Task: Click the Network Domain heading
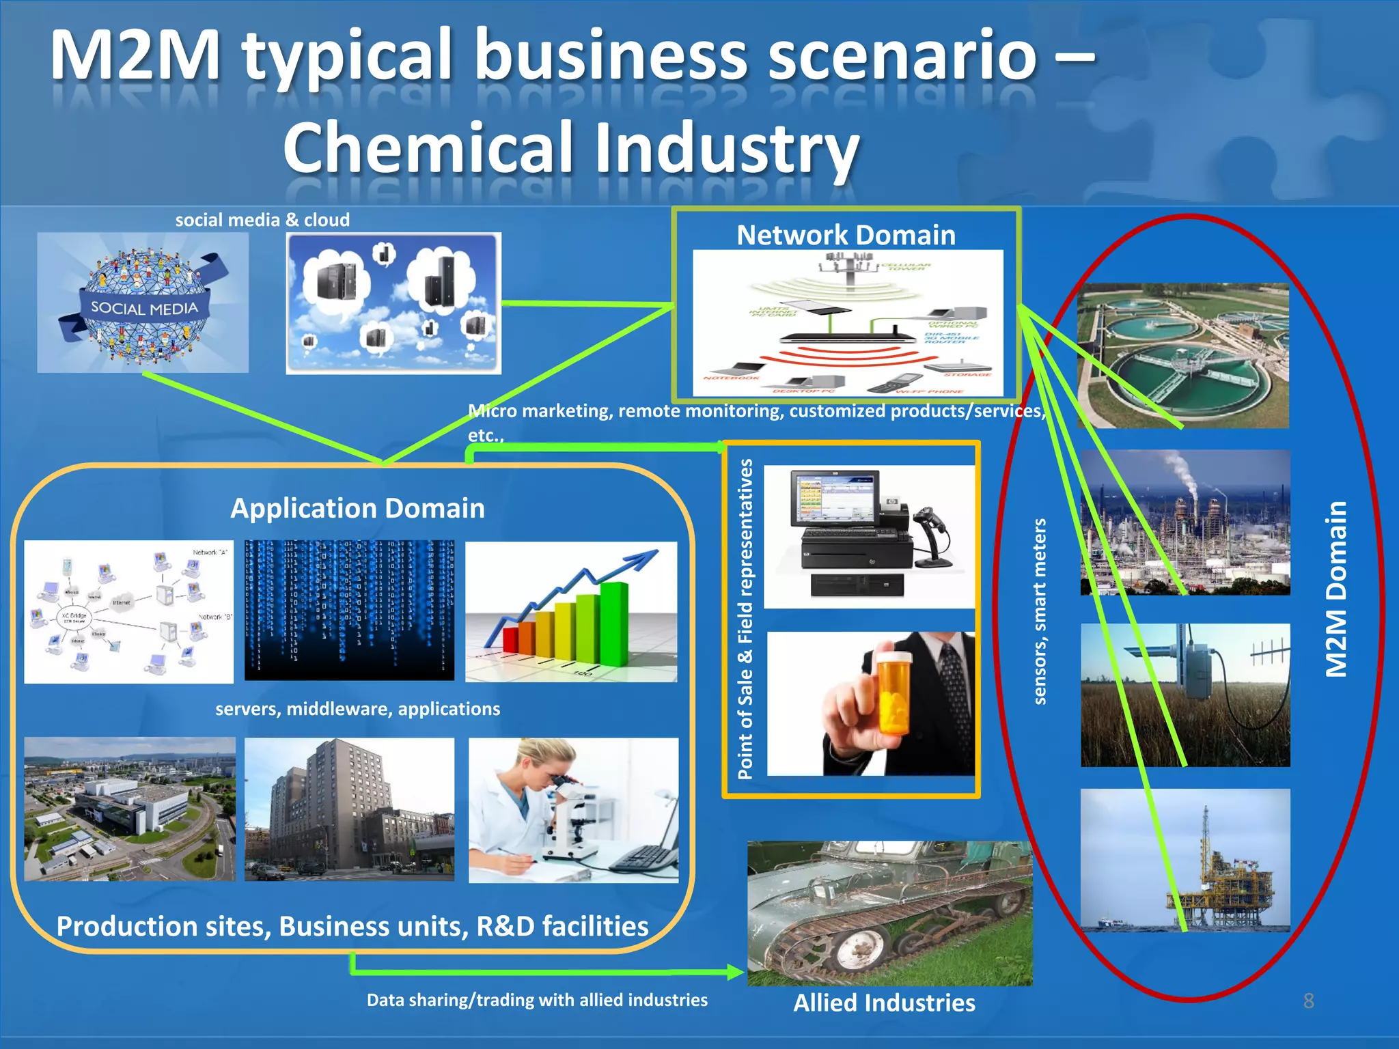846,235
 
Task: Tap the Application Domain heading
357,508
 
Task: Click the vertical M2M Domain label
1337,589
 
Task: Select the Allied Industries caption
884,1003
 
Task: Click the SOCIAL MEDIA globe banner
144,309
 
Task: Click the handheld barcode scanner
933,529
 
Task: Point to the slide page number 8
1308,1001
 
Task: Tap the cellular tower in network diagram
849,266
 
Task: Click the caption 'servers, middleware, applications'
357,709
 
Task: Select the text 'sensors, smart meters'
1039,611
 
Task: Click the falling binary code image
349,610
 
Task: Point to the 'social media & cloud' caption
262,220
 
